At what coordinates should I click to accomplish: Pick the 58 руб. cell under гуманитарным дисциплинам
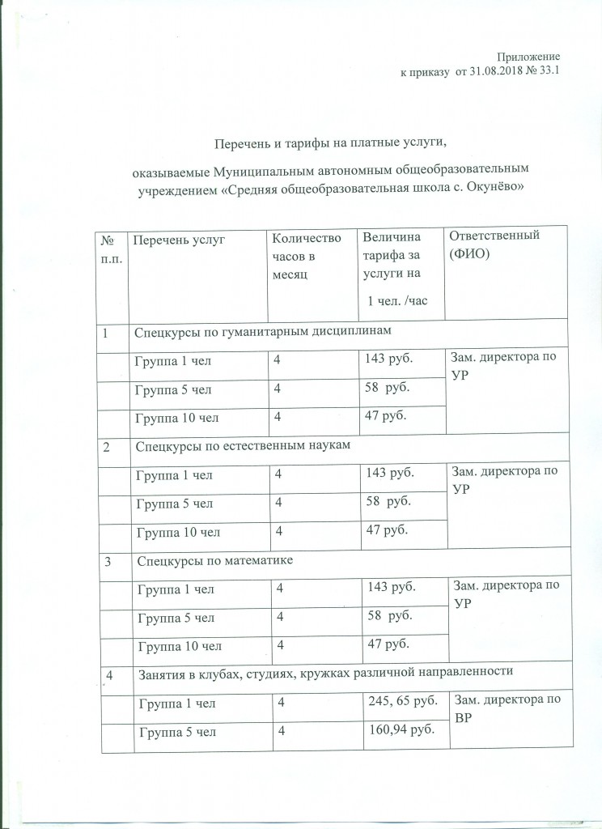point(388,389)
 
